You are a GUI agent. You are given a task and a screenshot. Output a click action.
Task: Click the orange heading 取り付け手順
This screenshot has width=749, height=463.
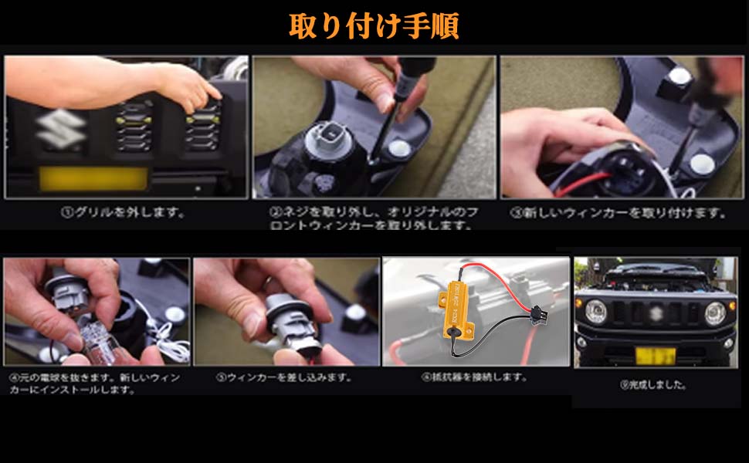point(374,25)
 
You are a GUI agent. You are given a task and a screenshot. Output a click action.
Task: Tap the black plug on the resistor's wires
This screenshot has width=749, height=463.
point(534,315)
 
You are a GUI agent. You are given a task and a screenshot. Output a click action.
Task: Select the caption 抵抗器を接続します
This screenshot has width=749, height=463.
point(474,377)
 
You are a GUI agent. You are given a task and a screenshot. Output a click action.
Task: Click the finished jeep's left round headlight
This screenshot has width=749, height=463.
point(595,312)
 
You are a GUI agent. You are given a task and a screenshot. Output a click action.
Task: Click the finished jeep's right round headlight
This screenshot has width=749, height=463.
point(715,313)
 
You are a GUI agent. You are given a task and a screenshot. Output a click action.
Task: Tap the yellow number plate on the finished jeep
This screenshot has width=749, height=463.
point(655,356)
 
